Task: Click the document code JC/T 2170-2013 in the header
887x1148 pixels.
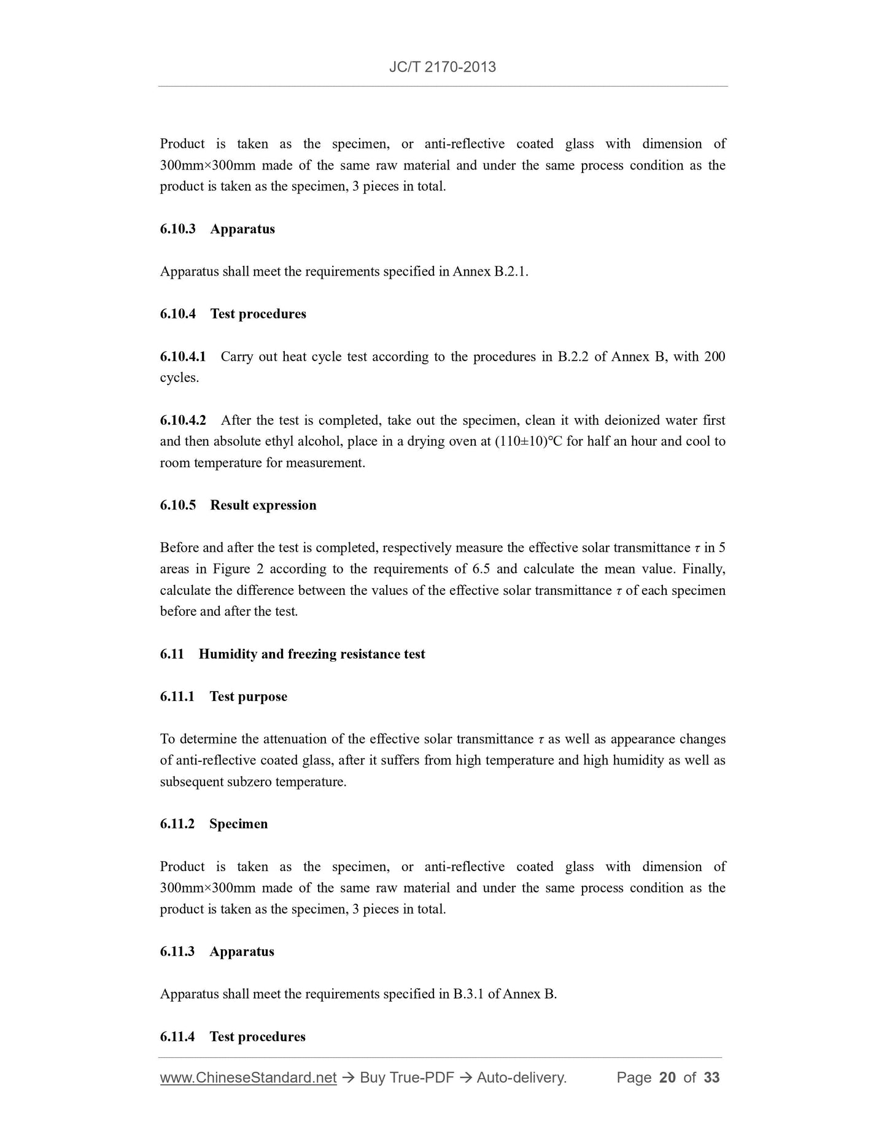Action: coord(443,67)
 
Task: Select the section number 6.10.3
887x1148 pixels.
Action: coord(177,229)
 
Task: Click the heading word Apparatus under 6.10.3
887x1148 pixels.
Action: coord(242,229)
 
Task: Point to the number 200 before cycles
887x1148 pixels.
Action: coord(714,357)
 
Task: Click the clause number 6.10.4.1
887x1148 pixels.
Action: coord(183,357)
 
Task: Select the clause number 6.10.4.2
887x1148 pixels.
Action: coord(183,421)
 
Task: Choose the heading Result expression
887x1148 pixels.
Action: coord(263,505)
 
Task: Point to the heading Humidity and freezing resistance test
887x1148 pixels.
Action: coord(312,654)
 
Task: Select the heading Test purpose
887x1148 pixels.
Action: coord(248,697)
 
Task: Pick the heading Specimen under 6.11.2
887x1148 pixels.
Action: coord(238,824)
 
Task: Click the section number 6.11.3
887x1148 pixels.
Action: coord(177,952)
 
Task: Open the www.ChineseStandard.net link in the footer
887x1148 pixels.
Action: coord(248,1078)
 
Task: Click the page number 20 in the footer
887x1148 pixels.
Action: coord(667,1078)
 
